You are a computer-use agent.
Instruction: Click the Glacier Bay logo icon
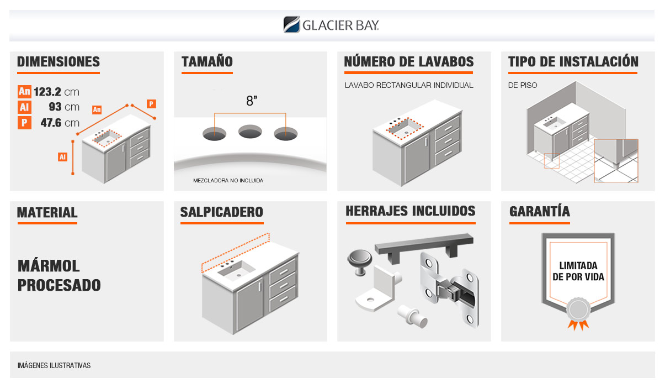[291, 24]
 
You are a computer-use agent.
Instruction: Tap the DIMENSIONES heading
[58, 61]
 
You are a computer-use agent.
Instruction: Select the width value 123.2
[47, 92]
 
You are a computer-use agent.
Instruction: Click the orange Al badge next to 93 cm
[24, 107]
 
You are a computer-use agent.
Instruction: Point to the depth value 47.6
[51, 123]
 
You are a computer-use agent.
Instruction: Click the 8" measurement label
[252, 101]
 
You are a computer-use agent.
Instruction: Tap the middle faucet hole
[250, 132]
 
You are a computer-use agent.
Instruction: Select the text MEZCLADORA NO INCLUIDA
[228, 181]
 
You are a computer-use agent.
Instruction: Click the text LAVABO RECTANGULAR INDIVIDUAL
[409, 85]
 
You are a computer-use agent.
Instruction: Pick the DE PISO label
[523, 85]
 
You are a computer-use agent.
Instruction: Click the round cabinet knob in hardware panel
[359, 262]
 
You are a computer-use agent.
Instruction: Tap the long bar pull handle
[424, 247]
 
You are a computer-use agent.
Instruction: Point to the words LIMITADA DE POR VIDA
[578, 271]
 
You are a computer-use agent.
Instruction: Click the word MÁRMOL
[49, 265]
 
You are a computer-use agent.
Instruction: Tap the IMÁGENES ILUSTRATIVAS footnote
[54, 365]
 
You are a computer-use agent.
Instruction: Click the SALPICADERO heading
[221, 212]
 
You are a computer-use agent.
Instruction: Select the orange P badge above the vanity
[151, 104]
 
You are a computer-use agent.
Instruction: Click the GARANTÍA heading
[539, 211]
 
